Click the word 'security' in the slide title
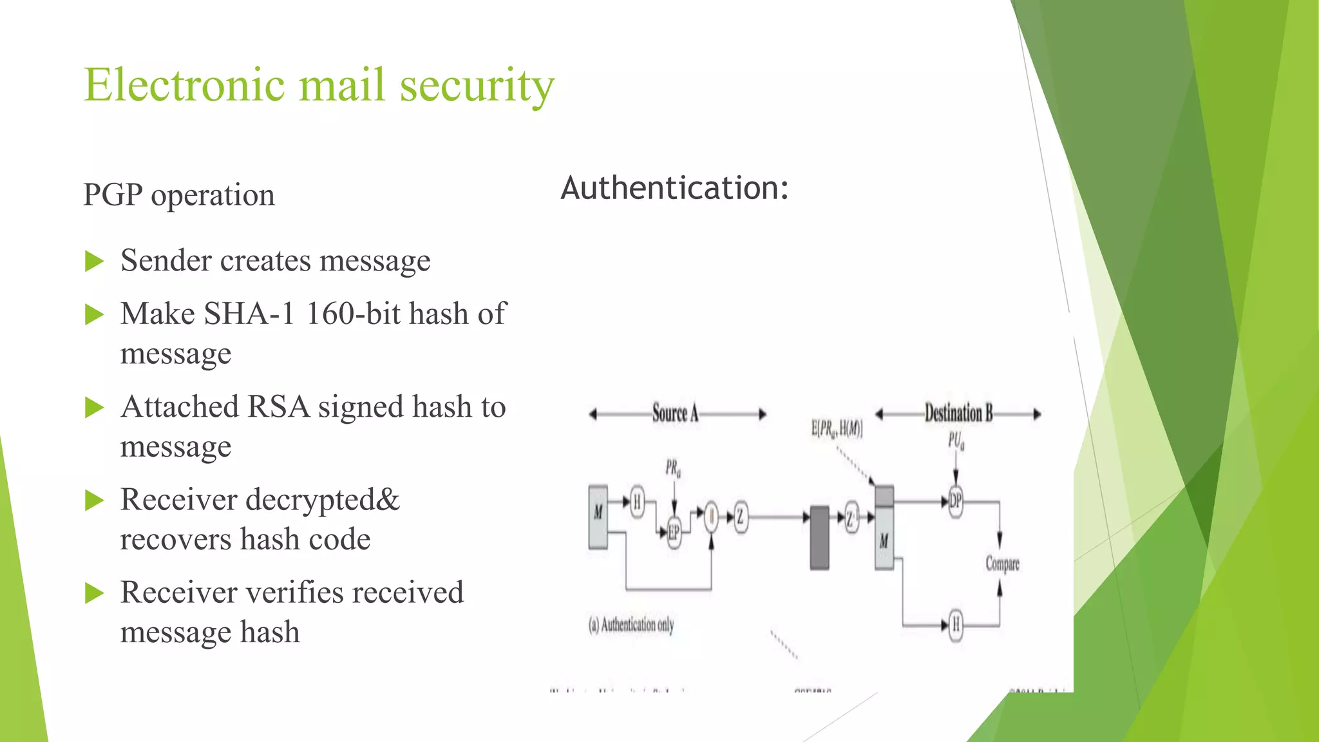click(477, 86)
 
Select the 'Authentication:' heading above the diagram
click(674, 188)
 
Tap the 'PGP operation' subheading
click(179, 195)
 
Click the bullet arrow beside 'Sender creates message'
click(95, 262)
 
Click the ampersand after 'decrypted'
click(386, 500)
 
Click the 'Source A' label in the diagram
click(675, 414)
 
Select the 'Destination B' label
click(958, 414)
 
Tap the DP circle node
click(955, 501)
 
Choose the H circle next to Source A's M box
click(637, 501)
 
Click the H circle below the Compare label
click(956, 624)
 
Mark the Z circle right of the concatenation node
click(740, 517)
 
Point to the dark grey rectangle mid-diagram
click(819, 538)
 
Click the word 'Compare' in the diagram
click(1002, 564)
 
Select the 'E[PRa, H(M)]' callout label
click(837, 429)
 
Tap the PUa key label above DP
click(956, 441)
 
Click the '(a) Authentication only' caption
click(631, 625)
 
